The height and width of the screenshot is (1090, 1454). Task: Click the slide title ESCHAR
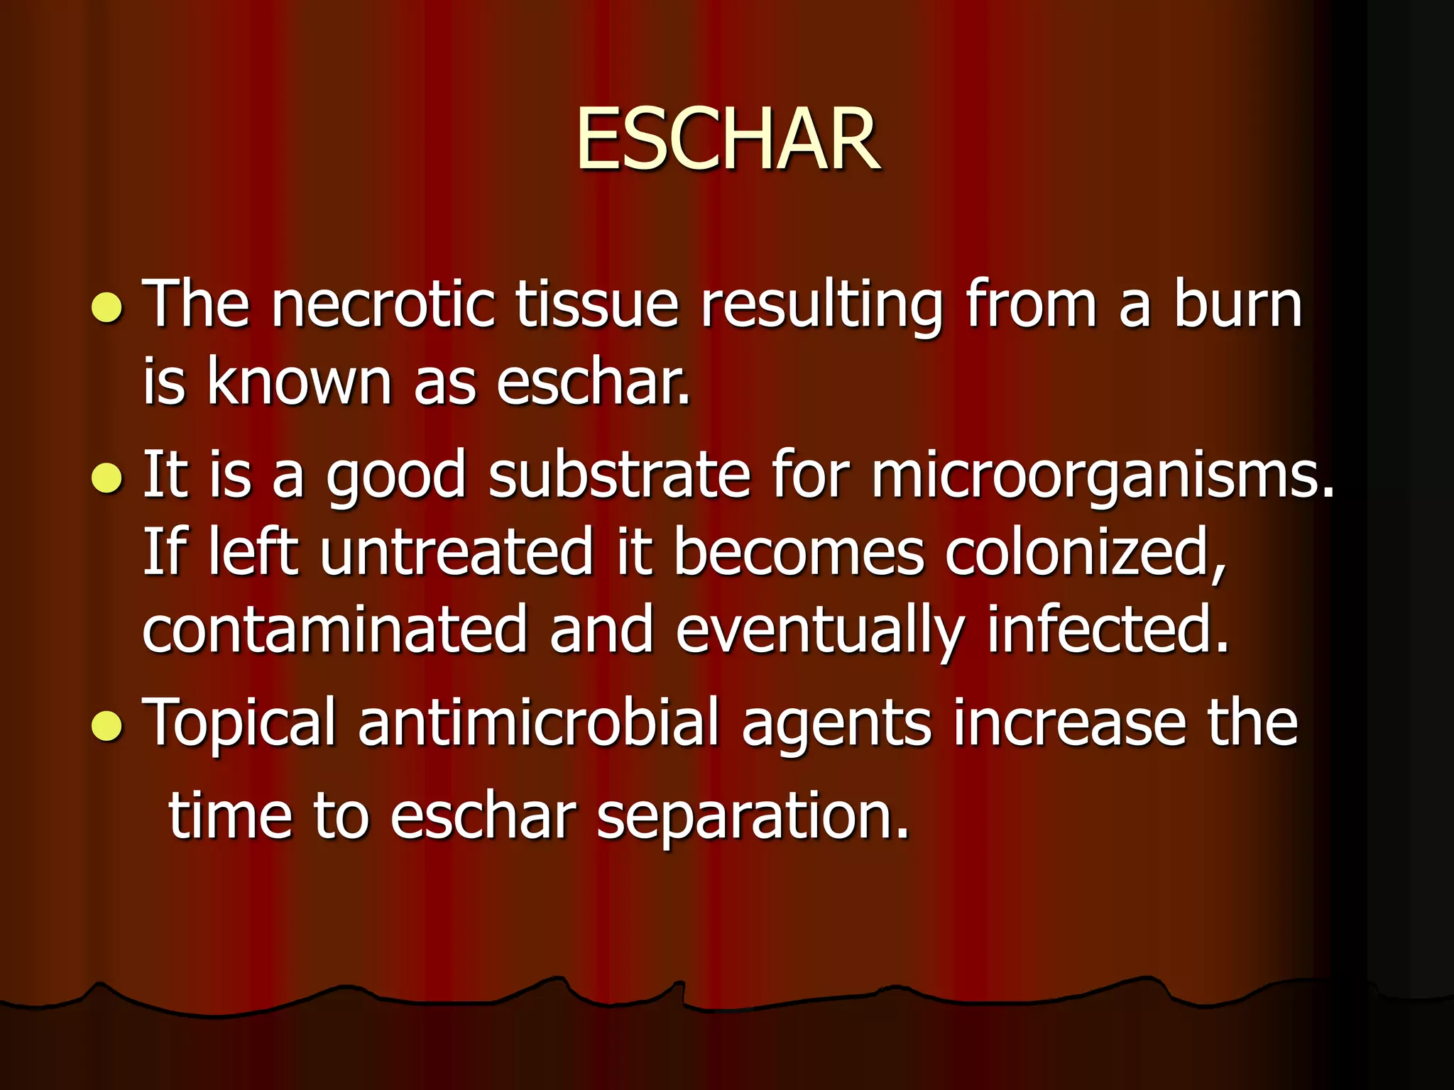(x=727, y=140)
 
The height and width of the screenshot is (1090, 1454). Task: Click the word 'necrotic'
(x=383, y=305)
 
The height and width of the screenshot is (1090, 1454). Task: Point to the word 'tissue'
(x=597, y=305)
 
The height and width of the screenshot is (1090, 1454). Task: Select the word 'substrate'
(x=619, y=474)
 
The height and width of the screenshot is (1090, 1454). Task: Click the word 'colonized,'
(x=1086, y=554)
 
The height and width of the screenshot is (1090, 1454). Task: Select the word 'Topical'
(x=239, y=724)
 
